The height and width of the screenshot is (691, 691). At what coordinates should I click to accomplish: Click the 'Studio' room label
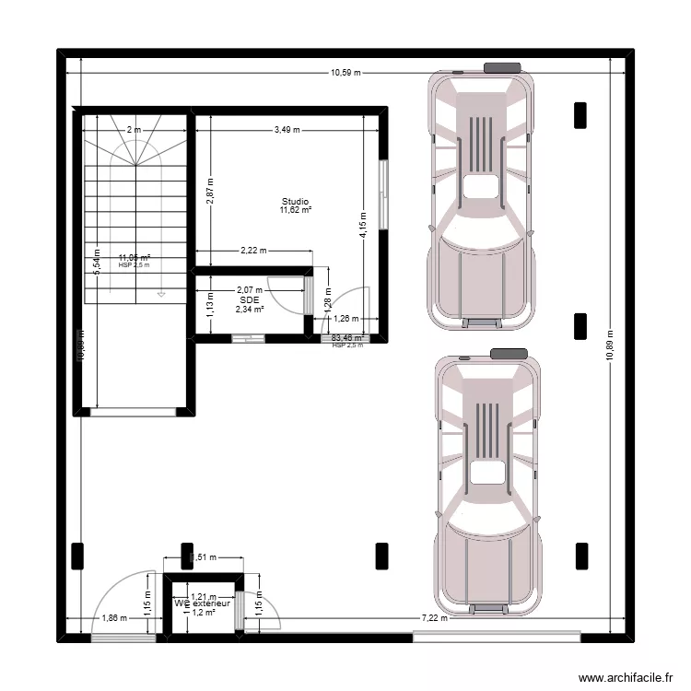(296, 201)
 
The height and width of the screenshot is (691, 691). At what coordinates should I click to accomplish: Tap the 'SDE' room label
(249, 299)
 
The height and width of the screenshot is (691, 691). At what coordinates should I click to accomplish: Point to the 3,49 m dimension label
(287, 130)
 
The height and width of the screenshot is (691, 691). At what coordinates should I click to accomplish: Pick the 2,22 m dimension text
(252, 250)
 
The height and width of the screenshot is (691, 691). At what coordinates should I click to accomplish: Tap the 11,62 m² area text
(296, 210)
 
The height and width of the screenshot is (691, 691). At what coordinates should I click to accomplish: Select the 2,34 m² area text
(249, 310)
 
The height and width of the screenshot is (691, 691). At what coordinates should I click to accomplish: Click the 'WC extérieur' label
(203, 603)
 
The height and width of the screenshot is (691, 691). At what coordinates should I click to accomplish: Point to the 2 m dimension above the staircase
(135, 130)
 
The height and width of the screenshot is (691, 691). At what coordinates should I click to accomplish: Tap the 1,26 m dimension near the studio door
(346, 320)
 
